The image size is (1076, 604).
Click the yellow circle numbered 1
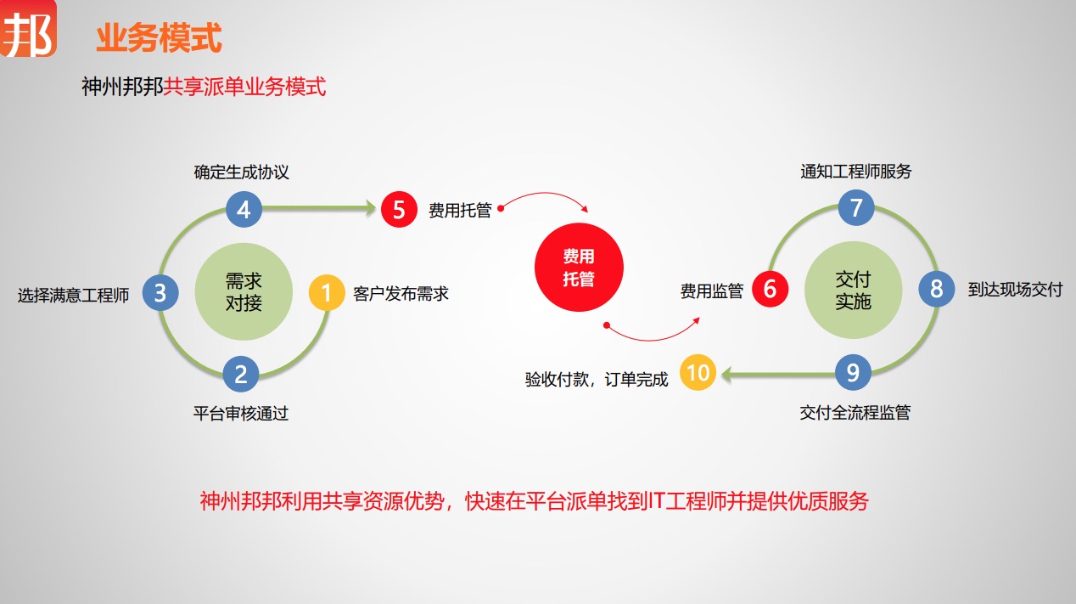point(327,293)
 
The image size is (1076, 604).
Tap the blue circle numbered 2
point(241,374)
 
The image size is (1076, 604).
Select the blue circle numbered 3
point(160,293)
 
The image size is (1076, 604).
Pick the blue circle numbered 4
point(244,209)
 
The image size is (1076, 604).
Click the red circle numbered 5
point(399,209)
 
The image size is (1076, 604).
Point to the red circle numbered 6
point(770,289)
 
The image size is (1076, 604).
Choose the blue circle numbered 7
point(856,208)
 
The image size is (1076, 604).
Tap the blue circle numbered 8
point(937,289)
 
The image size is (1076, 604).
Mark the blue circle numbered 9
point(853,372)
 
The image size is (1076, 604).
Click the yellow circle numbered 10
point(698,373)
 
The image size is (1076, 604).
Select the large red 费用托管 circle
point(579,269)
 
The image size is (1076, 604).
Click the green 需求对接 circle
point(244,291)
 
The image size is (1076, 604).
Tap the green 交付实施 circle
point(853,290)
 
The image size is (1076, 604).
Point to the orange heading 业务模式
point(159,38)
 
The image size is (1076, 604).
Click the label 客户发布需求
point(401,295)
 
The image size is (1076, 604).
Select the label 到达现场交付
point(1015,290)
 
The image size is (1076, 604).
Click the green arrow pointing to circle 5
point(322,206)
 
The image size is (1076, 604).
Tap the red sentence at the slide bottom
point(535,501)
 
